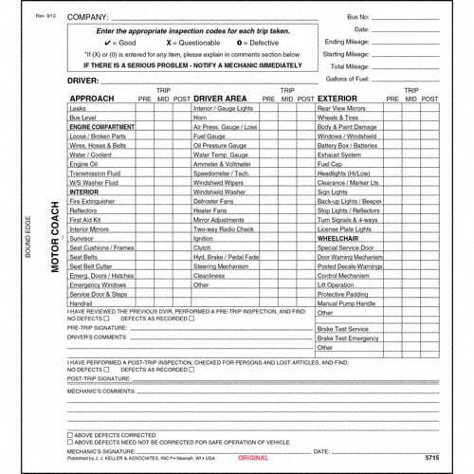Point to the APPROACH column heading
93,99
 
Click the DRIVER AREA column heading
220,99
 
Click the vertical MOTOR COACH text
55,242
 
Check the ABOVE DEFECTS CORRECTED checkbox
71,435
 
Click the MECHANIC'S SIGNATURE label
101,452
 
